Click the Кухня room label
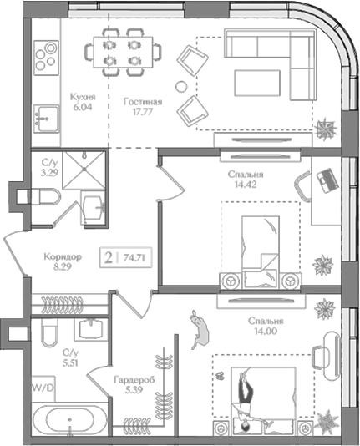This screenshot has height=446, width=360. coord(83,97)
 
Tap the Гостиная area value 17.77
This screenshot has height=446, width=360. coord(143,112)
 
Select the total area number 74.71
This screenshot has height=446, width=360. coord(134,258)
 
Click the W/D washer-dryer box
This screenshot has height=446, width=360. coord(43,388)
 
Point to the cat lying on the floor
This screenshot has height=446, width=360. coord(200,329)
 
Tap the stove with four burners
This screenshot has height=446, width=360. coord(46,58)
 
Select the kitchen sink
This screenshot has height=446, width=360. coord(46,119)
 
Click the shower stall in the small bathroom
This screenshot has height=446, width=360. coord(84,170)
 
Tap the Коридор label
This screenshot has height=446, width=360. coord(63,257)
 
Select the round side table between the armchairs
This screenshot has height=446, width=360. coord(181,87)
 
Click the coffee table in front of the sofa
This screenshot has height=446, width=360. coord(257,83)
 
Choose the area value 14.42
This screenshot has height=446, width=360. coord(246,185)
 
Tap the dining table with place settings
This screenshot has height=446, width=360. coord(123,53)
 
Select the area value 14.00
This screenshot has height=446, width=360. coord(266,332)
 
